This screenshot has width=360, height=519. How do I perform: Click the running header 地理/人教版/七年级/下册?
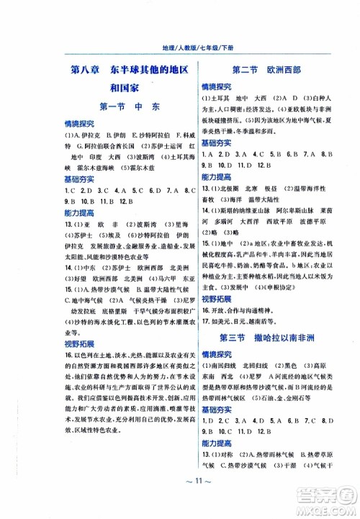[x=180, y=48]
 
